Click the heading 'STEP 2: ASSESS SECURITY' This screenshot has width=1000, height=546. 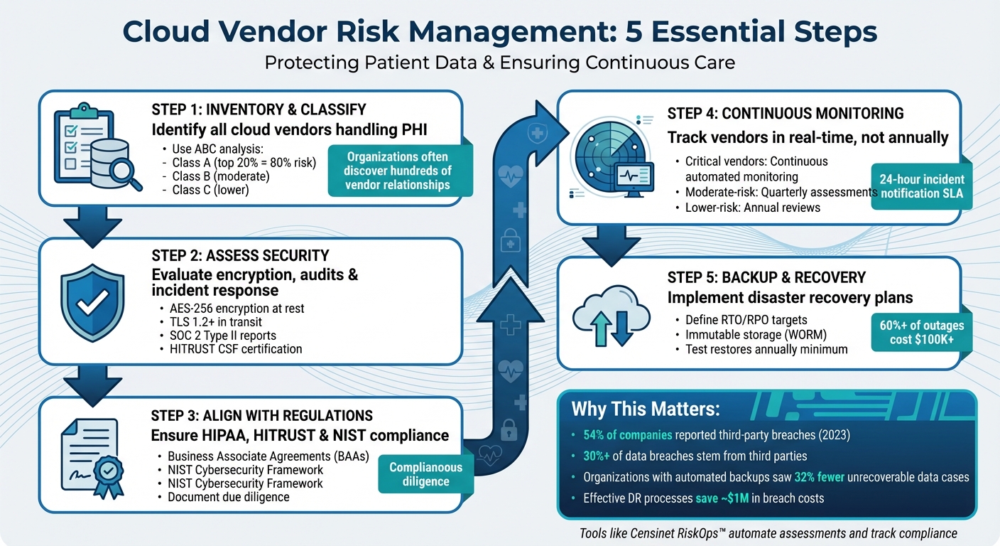(x=240, y=255)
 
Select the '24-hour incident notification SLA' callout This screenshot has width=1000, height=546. (x=921, y=187)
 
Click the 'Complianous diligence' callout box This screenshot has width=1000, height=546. (x=426, y=474)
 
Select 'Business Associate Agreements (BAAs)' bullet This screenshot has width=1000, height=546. (x=268, y=456)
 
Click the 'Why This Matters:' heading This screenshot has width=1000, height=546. (x=646, y=409)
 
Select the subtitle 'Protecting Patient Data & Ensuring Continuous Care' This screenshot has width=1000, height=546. (x=499, y=63)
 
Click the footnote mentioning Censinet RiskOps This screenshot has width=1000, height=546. (x=768, y=532)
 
